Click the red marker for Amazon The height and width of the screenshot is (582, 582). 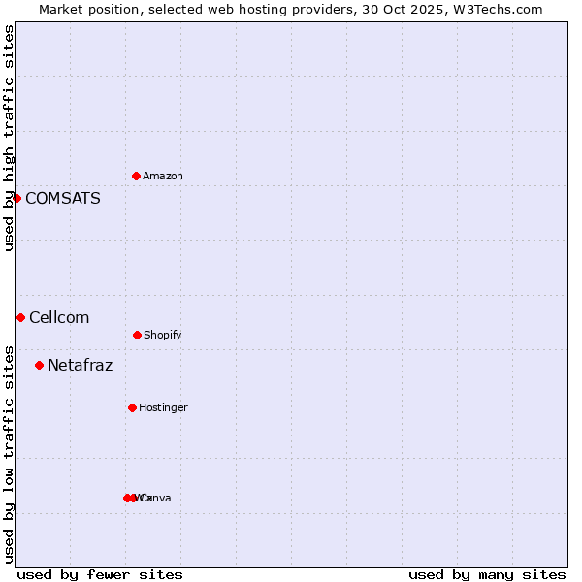[x=136, y=176]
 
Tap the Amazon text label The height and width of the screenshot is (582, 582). [x=163, y=177]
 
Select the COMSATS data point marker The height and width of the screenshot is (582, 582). [x=16, y=198]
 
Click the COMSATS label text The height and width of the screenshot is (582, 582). [x=62, y=199]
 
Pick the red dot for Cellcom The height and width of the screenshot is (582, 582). [x=20, y=317]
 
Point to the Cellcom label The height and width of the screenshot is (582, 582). [x=59, y=318]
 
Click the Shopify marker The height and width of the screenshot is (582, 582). [x=137, y=335]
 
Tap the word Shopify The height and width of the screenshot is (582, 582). [x=163, y=336]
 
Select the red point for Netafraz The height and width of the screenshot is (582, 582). [x=39, y=365]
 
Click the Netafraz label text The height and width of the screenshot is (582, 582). [x=80, y=366]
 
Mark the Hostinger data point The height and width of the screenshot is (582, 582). [x=132, y=407]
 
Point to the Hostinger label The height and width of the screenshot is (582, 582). [x=163, y=408]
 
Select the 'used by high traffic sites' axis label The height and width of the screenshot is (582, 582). [x=9, y=138]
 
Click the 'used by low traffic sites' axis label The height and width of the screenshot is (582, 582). [x=9, y=453]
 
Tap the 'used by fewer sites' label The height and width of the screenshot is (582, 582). [x=100, y=574]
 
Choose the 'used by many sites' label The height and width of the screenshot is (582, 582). [x=487, y=574]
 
